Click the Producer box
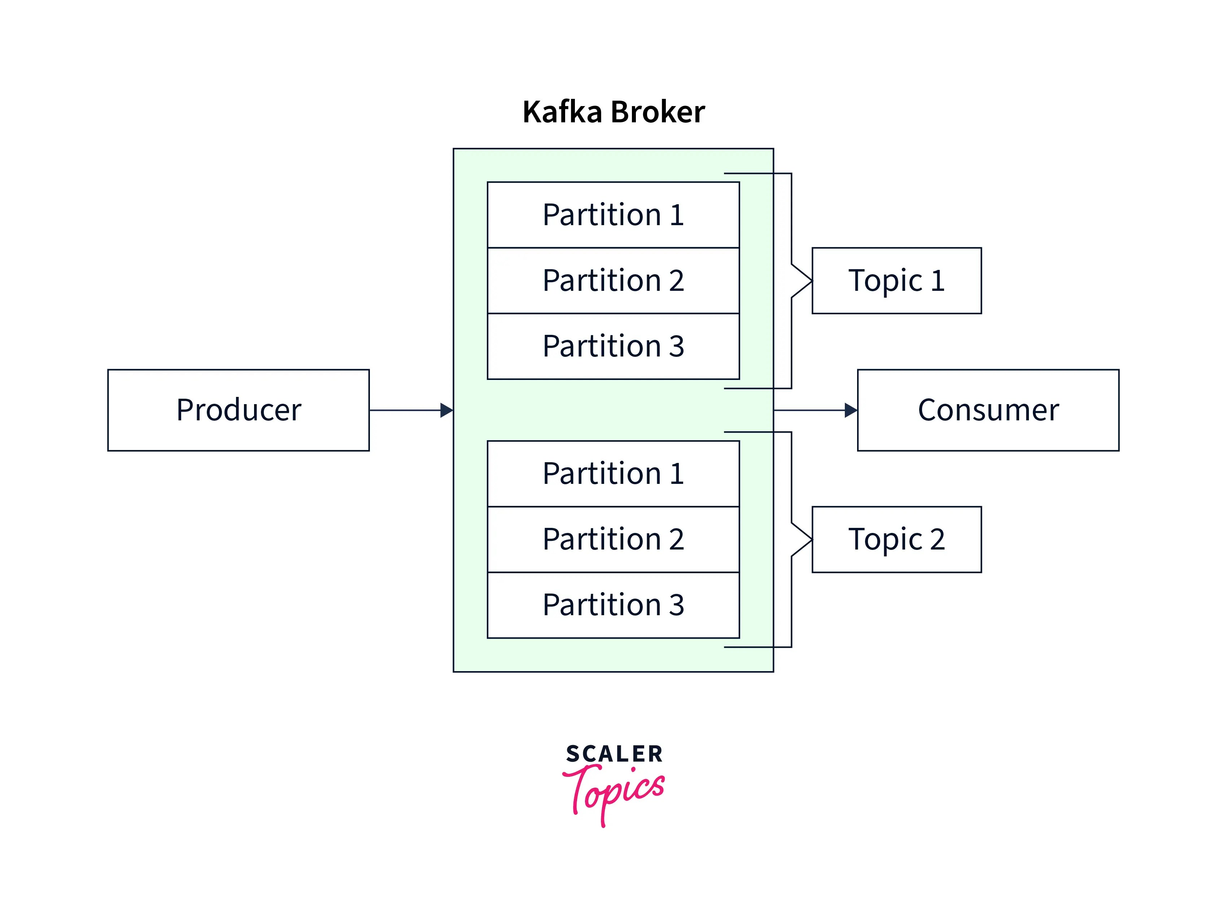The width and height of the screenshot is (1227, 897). point(238,410)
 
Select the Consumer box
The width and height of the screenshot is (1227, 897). point(988,410)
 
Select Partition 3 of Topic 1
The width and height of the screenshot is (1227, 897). point(613,346)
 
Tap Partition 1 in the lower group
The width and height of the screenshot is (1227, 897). point(613,473)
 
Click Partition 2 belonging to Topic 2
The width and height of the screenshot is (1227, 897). point(613,539)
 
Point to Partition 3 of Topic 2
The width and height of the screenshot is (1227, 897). point(613,605)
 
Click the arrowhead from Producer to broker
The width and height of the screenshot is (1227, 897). point(446,410)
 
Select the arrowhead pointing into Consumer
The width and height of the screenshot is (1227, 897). point(851,410)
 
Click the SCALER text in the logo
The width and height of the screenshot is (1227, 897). point(614,754)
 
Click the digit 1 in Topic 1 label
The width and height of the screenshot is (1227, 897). point(938,281)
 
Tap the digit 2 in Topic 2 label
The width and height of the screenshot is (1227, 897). point(938,539)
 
